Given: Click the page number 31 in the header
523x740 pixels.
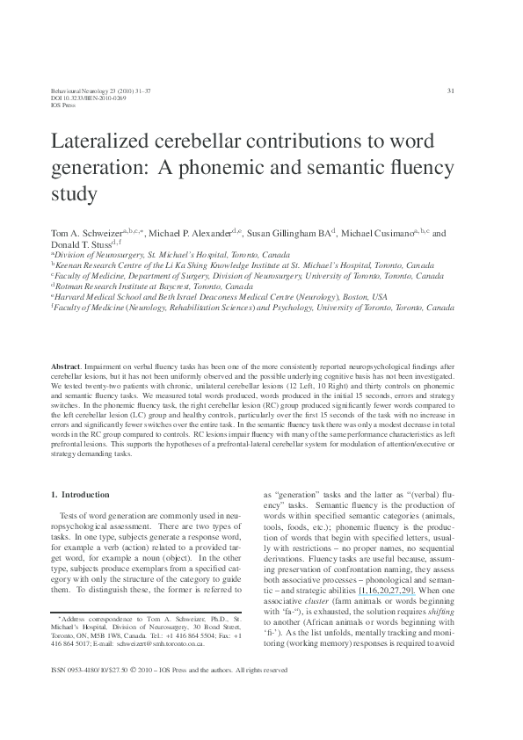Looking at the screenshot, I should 450,91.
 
